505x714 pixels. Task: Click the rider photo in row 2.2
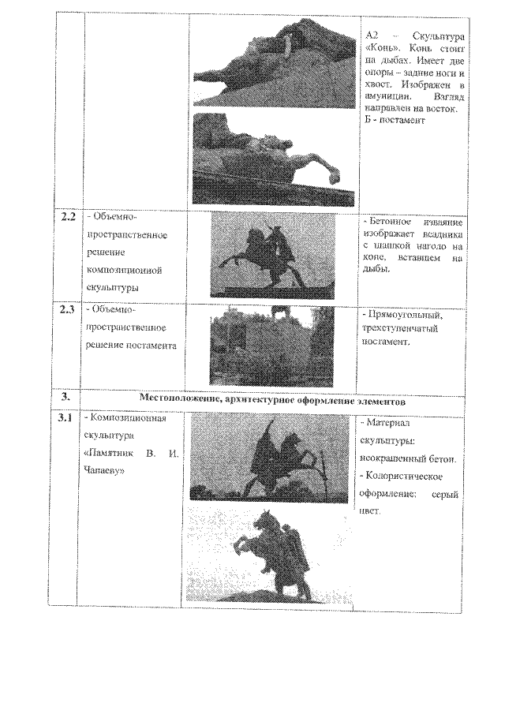pyautogui.click(x=272, y=256)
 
